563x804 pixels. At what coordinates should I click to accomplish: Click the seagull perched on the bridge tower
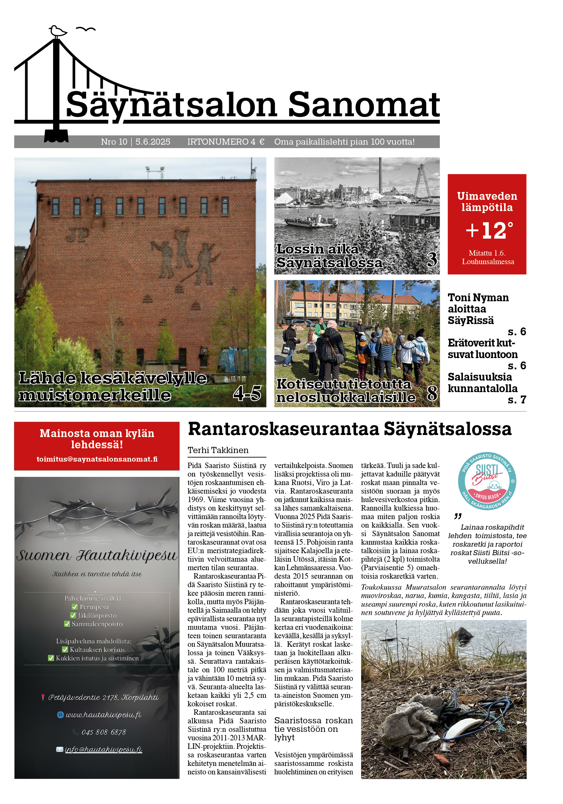[58, 31]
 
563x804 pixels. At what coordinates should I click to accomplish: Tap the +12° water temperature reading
[489, 231]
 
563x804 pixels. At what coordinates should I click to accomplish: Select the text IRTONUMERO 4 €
[226, 142]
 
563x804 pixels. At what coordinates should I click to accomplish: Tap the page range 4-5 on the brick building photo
[247, 393]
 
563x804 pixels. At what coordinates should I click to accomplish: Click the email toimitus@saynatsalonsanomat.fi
[97, 459]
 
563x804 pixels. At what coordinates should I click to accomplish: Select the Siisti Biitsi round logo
[487, 481]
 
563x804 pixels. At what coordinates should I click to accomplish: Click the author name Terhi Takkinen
[218, 450]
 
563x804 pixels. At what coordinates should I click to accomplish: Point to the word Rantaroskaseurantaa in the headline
[284, 429]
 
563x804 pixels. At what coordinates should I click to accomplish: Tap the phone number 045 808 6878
[103, 732]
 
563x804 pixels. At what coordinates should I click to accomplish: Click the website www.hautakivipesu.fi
[103, 715]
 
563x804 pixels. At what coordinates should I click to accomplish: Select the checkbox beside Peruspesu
[75, 607]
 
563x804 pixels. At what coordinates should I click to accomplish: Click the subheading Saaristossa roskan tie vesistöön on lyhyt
[313, 729]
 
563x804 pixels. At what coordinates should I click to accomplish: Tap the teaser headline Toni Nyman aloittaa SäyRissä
[478, 309]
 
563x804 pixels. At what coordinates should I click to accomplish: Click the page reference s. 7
[517, 400]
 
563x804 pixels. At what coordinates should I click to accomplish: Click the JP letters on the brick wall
[77, 235]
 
